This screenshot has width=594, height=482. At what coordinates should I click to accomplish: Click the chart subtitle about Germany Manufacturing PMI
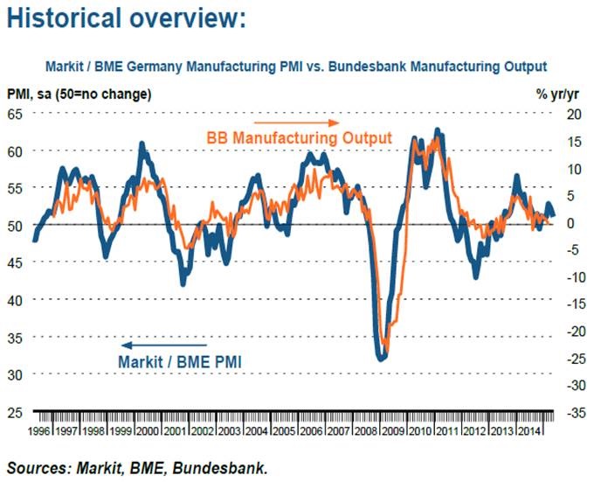click(x=296, y=66)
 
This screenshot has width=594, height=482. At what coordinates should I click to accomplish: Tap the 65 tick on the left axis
click(x=17, y=114)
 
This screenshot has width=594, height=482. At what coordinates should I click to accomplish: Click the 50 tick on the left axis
click(x=17, y=226)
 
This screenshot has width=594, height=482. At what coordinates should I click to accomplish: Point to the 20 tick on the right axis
click(x=573, y=114)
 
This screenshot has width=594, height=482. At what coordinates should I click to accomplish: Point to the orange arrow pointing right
click(x=296, y=122)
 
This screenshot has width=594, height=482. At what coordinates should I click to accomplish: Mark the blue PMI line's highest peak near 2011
click(x=439, y=134)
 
